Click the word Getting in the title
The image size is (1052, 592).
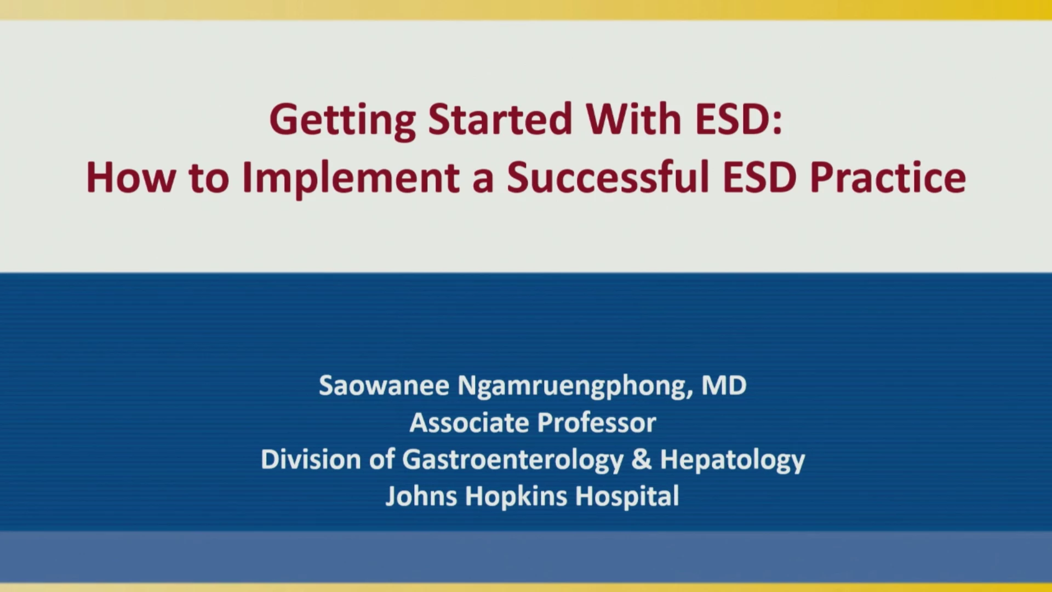click(342, 120)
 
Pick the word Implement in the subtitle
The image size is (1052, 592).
click(351, 179)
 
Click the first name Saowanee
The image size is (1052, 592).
click(384, 385)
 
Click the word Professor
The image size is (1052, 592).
click(597, 423)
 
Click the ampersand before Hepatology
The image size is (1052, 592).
click(642, 459)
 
